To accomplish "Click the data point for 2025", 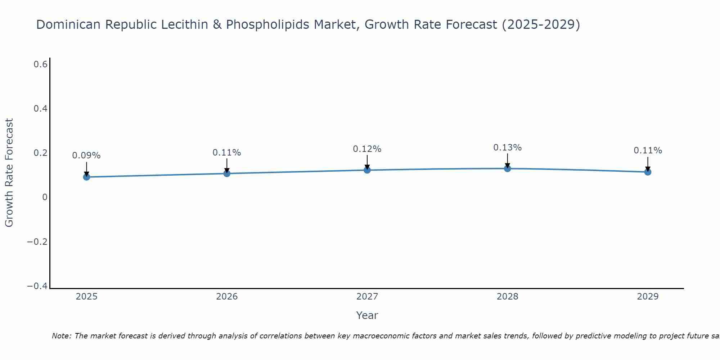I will [x=86, y=177].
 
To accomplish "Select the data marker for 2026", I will [x=227, y=174].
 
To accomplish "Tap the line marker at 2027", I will [x=367, y=170].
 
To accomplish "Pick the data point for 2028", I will [x=508, y=168].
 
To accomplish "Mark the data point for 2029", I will [x=648, y=172].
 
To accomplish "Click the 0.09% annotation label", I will [x=86, y=156].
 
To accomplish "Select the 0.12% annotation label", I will [x=367, y=149].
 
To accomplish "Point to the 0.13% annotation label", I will [x=507, y=148].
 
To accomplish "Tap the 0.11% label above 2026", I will [x=226, y=153].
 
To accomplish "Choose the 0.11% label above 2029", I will [x=648, y=150].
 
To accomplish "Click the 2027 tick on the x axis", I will [x=367, y=297].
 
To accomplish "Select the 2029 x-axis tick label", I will [x=648, y=297].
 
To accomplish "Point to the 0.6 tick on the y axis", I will [x=41, y=64].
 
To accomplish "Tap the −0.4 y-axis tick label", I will [x=37, y=286].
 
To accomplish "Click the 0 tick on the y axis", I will [x=45, y=197].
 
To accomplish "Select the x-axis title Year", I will [x=367, y=315].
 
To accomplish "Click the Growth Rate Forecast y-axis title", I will [x=9, y=173].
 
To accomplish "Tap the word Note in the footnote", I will [x=60, y=336].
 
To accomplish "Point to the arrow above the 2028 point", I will [x=508, y=160].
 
